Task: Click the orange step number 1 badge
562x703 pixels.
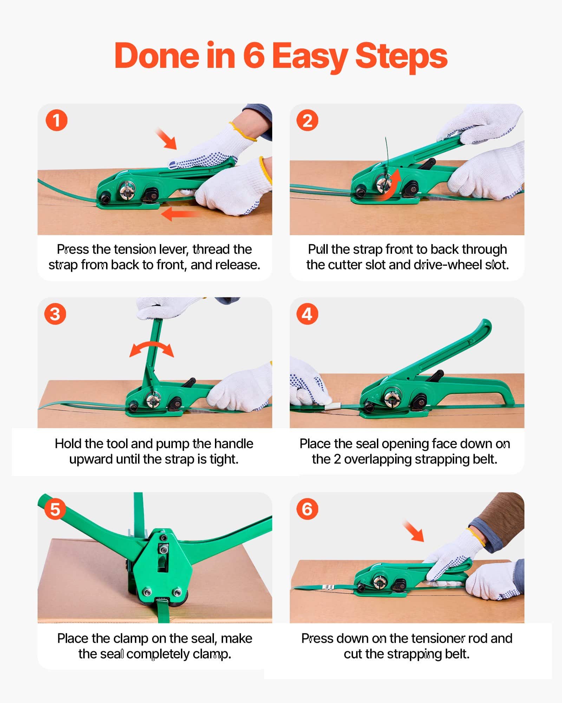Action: pos(56,121)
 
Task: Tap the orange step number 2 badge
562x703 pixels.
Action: pos(307,121)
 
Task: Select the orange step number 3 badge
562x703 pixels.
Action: pos(55,314)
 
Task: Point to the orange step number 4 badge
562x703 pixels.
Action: pos(307,314)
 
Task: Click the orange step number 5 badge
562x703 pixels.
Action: pos(55,509)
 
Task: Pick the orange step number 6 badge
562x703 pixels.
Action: pos(307,509)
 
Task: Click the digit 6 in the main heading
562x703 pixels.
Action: pos(254,56)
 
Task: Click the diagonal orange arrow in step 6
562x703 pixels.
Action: pos(413,531)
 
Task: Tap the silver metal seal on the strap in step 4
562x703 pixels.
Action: pos(332,406)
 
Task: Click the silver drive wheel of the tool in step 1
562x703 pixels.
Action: pos(126,189)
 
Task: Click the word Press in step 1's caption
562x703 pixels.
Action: pos(73,249)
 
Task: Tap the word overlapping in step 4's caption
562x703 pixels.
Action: pos(377,459)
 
